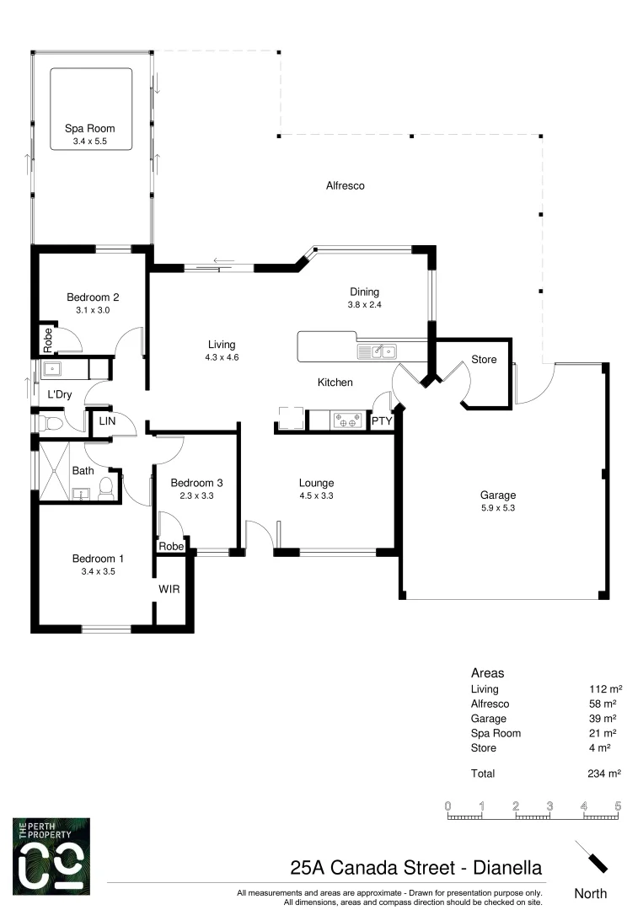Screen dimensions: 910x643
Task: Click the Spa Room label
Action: (90, 129)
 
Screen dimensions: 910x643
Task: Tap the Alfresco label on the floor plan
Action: (345, 185)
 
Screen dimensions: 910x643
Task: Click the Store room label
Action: (484, 360)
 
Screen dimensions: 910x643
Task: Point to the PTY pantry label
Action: (382, 420)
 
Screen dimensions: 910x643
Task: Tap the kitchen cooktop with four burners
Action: (346, 420)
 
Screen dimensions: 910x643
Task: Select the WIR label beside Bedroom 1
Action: (169, 589)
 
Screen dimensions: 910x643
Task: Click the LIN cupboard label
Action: (107, 420)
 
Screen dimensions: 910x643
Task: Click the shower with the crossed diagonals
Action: (56, 471)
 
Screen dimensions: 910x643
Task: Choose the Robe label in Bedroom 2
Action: (48, 339)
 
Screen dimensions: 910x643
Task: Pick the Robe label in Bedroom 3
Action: (171, 546)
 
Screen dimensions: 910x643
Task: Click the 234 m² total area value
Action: (603, 773)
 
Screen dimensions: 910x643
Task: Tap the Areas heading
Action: (487, 673)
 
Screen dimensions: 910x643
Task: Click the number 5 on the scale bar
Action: (618, 806)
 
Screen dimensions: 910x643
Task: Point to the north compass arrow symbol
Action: (591, 857)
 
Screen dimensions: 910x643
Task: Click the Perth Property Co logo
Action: (51, 858)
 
